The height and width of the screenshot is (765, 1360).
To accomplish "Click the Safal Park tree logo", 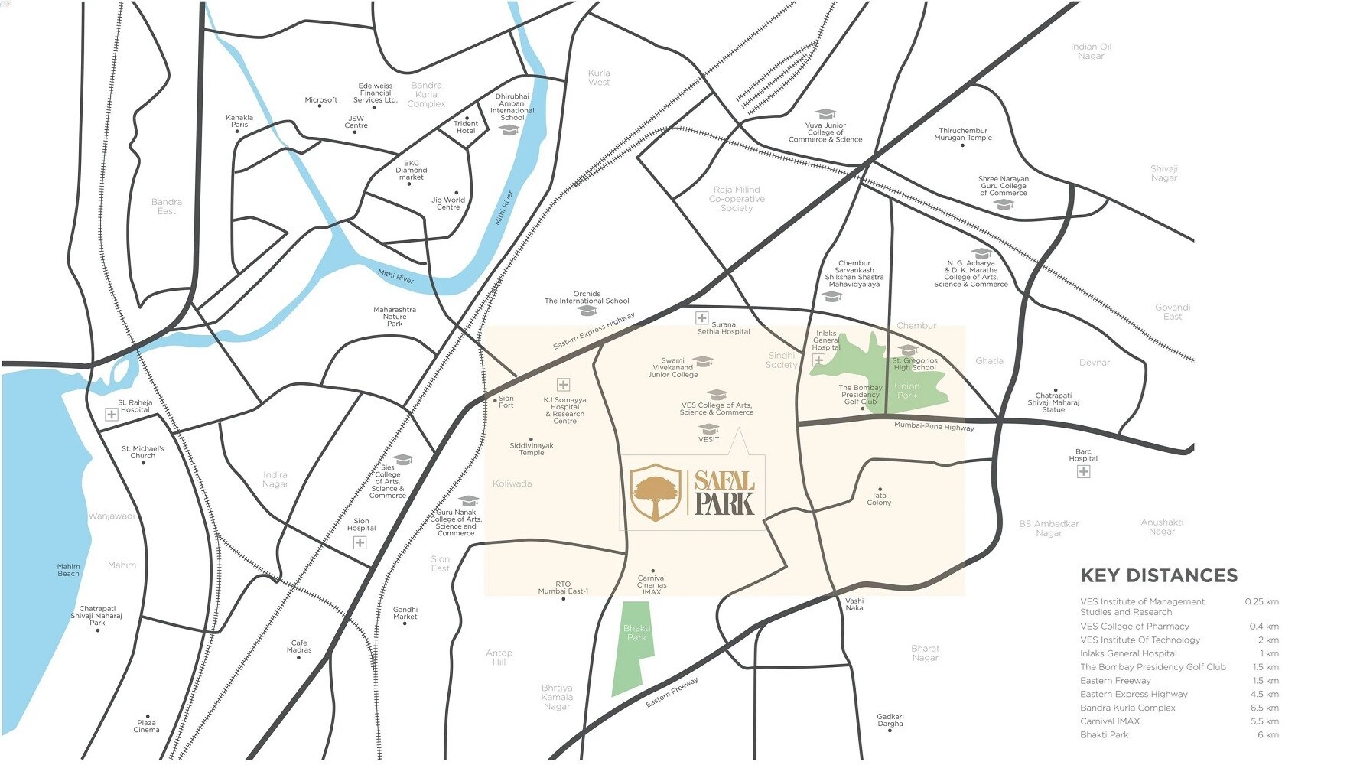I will pos(655,492).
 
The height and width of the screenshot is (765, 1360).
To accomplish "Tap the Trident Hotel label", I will pos(465,127).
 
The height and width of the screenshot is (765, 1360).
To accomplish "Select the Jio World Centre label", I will pos(448,203).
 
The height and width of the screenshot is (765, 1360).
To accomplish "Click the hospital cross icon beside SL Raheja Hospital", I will pos(112,415).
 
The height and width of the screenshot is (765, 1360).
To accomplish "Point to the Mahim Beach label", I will pos(68,570).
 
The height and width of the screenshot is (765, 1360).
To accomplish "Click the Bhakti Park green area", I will pos(634,646).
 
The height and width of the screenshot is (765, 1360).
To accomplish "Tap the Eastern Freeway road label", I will pos(672,692).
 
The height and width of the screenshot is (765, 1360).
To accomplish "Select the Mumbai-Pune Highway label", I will pos(934,426).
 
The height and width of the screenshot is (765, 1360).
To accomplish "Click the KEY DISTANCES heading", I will pos(1158,575).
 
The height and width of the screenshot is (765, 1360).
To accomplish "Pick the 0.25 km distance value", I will pos(1261,601).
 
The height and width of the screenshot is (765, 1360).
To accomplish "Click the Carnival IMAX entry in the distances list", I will pos(1109,721).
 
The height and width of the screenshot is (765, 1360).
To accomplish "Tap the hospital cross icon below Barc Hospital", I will pos(1083,472).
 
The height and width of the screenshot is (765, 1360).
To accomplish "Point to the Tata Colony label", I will pos(879,499).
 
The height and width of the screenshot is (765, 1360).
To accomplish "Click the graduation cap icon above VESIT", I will pos(709,428).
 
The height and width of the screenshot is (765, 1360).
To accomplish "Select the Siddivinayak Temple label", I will pos(532,449).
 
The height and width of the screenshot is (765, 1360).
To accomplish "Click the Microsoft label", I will pos(320,100).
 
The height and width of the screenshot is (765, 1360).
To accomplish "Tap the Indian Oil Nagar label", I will pos(1091,51).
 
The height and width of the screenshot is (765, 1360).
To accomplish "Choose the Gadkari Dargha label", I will pos(890,720).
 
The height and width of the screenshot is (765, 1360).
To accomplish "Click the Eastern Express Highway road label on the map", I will pos(594,331).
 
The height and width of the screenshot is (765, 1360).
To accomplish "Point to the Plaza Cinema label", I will pos(146,726).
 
